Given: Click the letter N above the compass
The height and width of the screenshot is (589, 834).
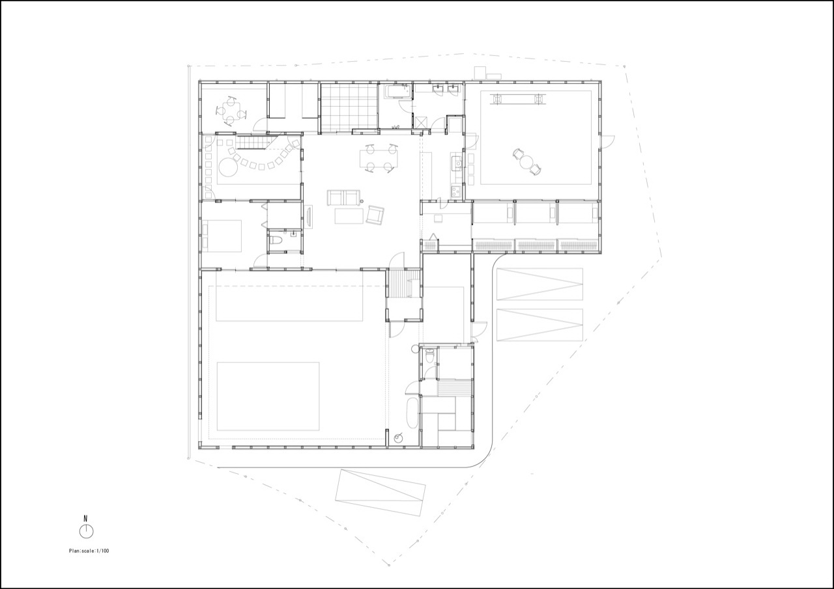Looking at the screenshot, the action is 85,518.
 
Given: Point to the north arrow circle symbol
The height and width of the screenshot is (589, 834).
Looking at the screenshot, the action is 87,531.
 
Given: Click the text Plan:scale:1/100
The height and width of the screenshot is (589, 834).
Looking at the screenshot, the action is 89,551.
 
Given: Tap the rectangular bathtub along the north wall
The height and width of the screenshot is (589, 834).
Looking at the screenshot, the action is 397,92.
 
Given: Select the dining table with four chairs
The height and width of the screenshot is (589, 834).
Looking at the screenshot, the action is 379,159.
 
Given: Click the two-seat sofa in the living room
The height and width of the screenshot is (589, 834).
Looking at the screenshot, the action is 343,197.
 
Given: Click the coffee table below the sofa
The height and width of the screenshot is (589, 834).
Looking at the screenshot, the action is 349,216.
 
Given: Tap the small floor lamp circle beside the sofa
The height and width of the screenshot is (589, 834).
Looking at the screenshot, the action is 362,202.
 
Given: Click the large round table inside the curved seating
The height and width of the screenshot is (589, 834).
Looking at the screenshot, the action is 227,167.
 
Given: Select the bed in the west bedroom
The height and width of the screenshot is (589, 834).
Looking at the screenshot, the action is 222,236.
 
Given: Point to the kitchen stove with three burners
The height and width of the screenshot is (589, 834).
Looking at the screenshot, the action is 457,192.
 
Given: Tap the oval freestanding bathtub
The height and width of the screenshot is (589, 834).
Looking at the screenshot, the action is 412,413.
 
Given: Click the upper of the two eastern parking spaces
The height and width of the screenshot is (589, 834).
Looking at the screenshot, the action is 539,284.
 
